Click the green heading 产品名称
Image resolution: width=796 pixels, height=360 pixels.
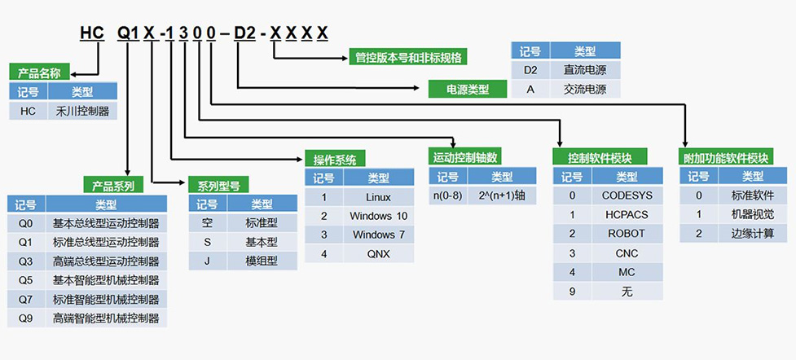[39, 72]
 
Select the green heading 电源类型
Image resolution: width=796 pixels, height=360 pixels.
[468, 89]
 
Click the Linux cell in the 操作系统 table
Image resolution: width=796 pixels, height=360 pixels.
[378, 197]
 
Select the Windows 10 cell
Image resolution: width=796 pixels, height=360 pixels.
[378, 216]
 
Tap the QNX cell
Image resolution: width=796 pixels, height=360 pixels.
[378, 253]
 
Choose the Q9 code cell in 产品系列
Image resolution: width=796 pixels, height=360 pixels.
[26, 318]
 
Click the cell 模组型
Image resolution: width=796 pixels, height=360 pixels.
[262, 261]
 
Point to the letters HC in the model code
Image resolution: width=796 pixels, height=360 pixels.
[91, 33]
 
